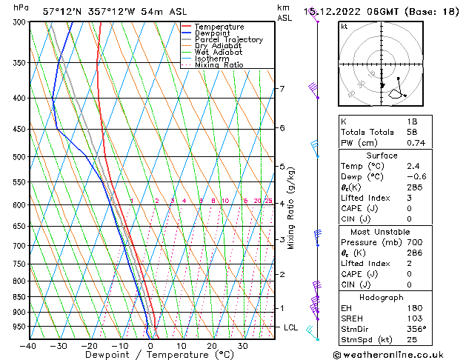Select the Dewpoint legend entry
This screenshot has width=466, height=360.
click(x=214, y=33)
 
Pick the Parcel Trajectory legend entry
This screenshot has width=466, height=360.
click(x=228, y=40)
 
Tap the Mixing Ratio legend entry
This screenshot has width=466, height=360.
click(x=219, y=65)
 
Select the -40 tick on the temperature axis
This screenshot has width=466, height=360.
click(x=29, y=346)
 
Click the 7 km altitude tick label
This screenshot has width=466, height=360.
click(x=282, y=89)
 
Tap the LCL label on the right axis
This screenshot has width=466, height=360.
click(x=291, y=327)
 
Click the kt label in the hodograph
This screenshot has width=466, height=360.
click(x=344, y=27)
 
